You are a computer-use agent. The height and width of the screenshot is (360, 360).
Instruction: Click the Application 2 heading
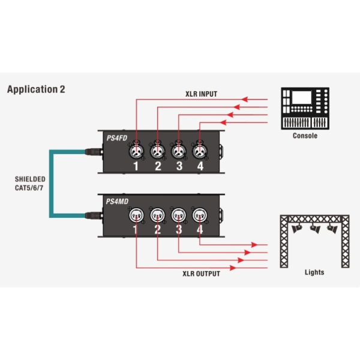[x=36, y=89]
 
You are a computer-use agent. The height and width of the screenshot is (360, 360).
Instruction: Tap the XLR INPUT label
[x=200, y=94]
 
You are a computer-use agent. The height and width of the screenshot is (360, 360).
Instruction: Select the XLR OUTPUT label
[x=201, y=274]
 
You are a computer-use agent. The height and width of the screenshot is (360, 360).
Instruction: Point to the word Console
[x=305, y=136]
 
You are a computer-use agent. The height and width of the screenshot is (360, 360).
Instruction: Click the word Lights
[x=314, y=272]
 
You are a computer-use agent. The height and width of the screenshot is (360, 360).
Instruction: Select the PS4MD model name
[x=116, y=202]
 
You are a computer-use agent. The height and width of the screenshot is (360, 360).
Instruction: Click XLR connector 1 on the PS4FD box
[x=137, y=148]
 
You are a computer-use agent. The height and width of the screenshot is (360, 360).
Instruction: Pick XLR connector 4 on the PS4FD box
[x=200, y=148]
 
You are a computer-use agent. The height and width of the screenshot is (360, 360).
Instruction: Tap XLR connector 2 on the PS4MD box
[x=158, y=214]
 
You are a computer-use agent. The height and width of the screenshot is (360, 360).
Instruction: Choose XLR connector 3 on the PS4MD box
[x=178, y=214]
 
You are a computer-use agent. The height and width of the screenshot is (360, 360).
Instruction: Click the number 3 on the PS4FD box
[x=179, y=166]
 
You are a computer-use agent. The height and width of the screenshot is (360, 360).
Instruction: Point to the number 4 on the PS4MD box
[x=199, y=229]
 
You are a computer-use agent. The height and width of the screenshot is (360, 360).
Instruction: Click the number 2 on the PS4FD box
[x=158, y=166]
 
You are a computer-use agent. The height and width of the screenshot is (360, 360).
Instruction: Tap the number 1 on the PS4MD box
[x=137, y=229]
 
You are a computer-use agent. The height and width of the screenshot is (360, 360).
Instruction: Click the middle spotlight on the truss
[x=314, y=228]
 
